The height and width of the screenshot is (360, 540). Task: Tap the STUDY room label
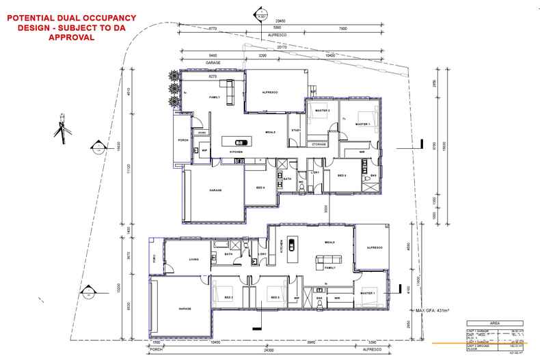pos(296,130)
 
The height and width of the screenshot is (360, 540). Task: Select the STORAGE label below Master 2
pos(319,144)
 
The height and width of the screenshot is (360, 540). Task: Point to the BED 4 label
pos(260,187)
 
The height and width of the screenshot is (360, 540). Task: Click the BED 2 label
pos(229,298)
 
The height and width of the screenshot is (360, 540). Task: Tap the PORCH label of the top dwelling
pos(183,140)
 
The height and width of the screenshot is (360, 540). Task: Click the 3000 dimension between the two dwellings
pos(327,208)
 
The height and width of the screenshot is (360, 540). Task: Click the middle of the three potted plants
pos(174,89)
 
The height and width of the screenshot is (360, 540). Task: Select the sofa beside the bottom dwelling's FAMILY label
pos(321,260)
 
